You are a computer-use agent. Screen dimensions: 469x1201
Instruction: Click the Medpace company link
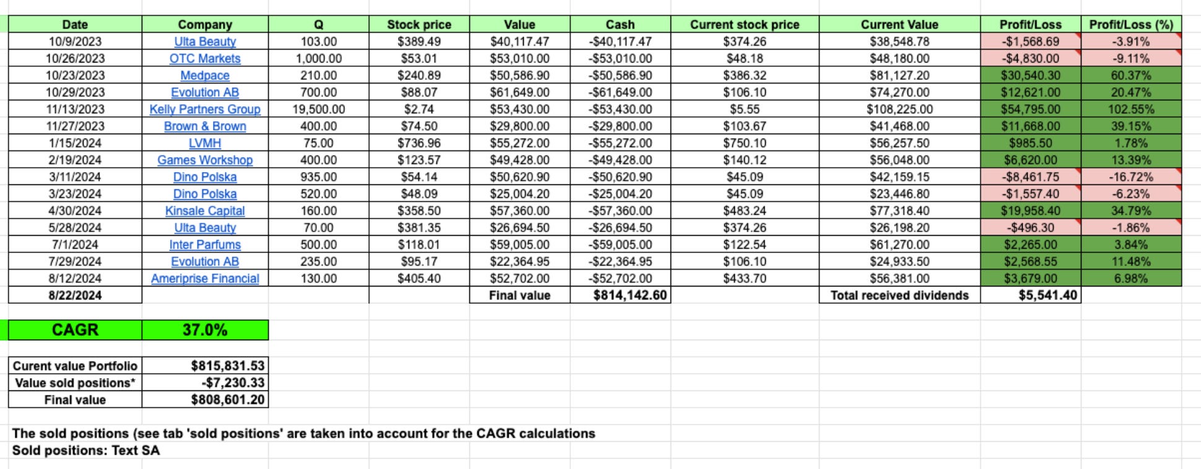(x=205, y=75)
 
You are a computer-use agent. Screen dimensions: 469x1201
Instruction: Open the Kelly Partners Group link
(x=205, y=110)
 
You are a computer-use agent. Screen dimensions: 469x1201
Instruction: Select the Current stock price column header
(x=744, y=25)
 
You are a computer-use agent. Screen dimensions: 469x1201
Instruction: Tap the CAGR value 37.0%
(x=205, y=330)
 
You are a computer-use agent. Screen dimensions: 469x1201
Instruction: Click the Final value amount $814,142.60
(x=630, y=295)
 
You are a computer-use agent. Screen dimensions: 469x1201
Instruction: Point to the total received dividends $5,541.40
(x=1047, y=295)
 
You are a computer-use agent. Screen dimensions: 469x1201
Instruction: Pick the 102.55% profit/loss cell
(x=1130, y=110)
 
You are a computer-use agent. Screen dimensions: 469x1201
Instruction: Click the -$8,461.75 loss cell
(x=1031, y=177)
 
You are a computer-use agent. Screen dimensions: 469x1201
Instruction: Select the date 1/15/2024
(x=75, y=143)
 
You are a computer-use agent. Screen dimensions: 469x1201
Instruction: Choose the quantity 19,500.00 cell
(x=318, y=110)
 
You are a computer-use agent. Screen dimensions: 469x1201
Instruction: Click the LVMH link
(x=205, y=143)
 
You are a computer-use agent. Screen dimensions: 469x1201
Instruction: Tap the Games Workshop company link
(x=205, y=160)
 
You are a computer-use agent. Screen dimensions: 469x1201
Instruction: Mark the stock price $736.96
(x=419, y=143)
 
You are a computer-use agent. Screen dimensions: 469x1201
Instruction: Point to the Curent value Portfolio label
(x=75, y=366)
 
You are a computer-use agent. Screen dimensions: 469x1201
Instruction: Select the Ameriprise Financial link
(x=205, y=278)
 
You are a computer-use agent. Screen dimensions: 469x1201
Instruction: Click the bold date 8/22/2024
(x=75, y=295)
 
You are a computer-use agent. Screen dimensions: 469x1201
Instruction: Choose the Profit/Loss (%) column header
(x=1130, y=25)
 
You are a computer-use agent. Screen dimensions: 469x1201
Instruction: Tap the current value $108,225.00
(x=899, y=110)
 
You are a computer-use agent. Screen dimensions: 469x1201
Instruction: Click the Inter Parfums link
(x=205, y=244)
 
